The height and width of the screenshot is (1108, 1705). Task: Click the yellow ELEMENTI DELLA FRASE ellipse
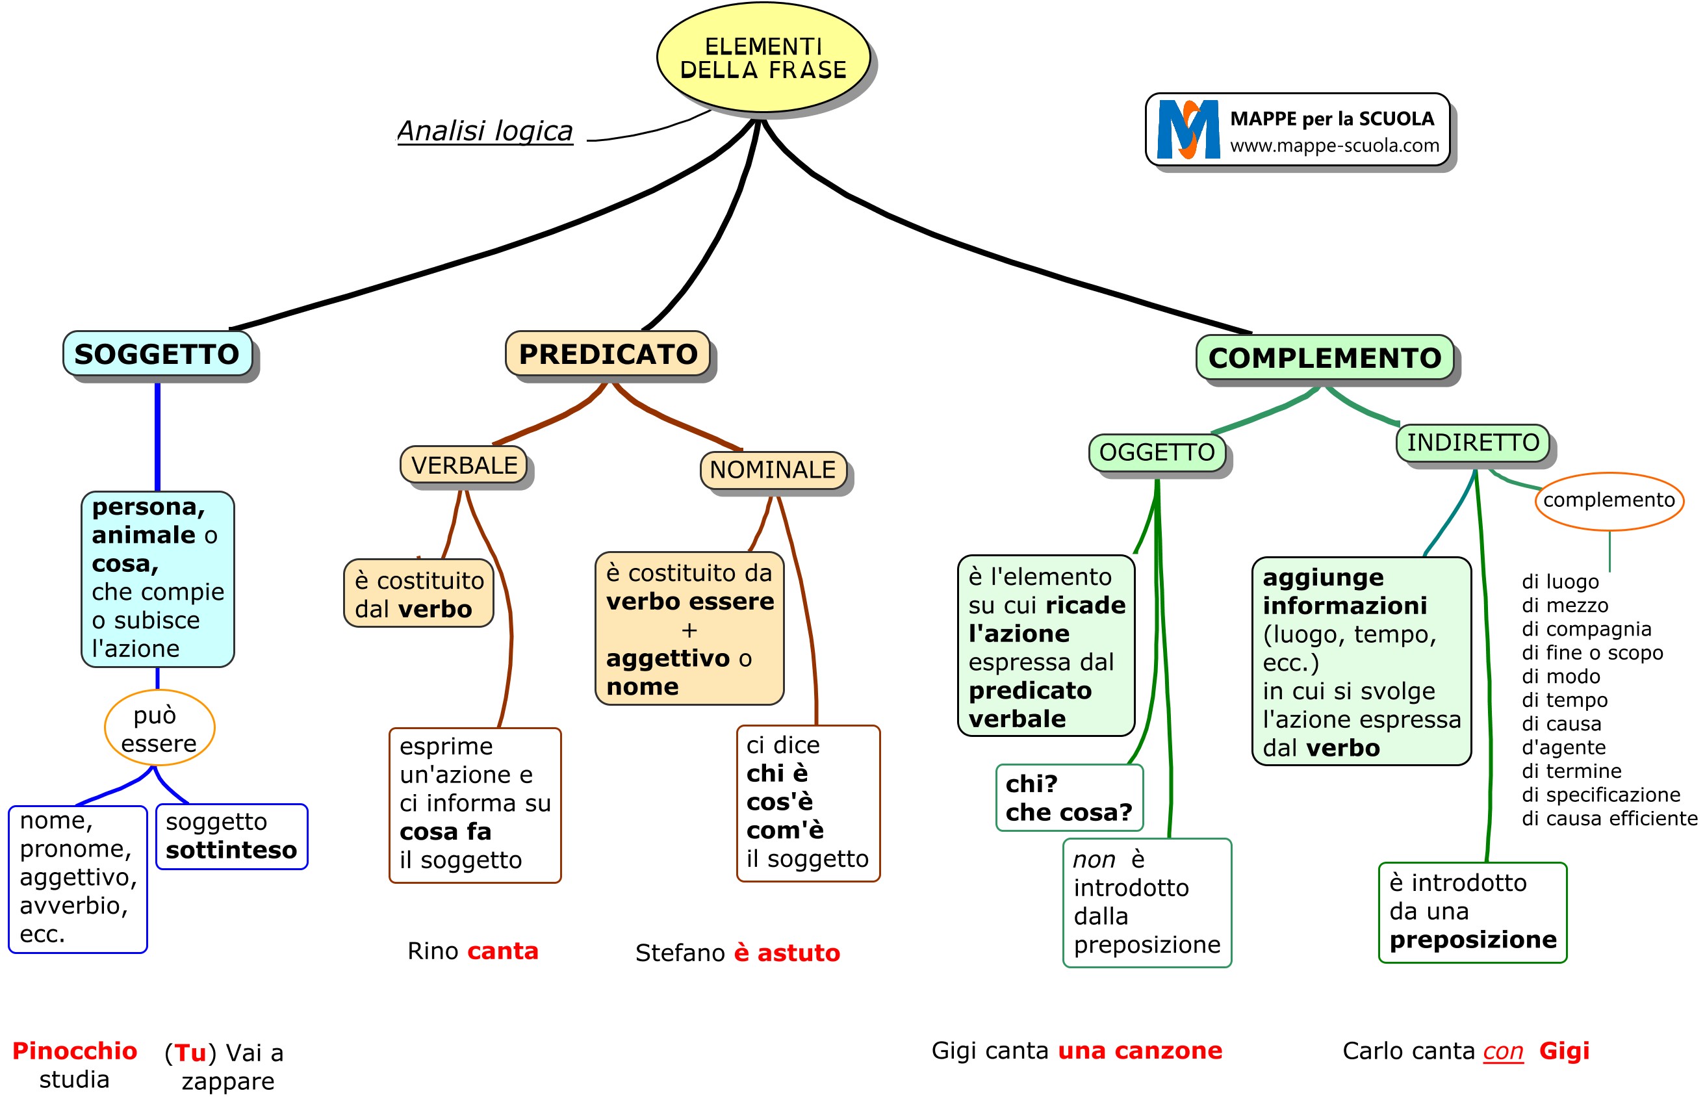click(763, 58)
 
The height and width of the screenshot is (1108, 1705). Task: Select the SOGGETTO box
click(158, 354)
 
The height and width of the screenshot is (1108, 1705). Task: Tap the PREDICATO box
click(608, 354)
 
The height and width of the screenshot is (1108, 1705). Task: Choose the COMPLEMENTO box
click(1325, 357)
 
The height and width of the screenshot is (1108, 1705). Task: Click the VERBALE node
click(463, 465)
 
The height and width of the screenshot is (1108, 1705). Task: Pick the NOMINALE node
click(773, 470)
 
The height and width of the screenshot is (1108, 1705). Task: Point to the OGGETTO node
click(1157, 453)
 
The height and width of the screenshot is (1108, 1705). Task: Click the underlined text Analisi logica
click(485, 131)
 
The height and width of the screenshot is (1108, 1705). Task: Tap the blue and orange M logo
click(1188, 130)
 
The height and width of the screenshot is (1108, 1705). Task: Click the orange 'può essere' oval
click(159, 728)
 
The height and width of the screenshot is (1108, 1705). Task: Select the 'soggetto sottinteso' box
click(231, 836)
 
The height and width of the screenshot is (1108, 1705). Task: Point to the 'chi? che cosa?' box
click(1069, 797)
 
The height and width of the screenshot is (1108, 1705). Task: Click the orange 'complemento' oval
click(1609, 500)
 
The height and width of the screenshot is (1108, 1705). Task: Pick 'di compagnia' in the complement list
click(1586, 629)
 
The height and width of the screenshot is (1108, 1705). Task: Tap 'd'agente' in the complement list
click(1563, 747)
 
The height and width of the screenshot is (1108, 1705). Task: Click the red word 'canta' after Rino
click(502, 951)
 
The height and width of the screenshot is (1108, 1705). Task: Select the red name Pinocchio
click(75, 1051)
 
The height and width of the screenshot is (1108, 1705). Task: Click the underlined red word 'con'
click(1502, 1051)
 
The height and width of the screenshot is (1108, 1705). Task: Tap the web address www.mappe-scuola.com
click(1334, 146)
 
